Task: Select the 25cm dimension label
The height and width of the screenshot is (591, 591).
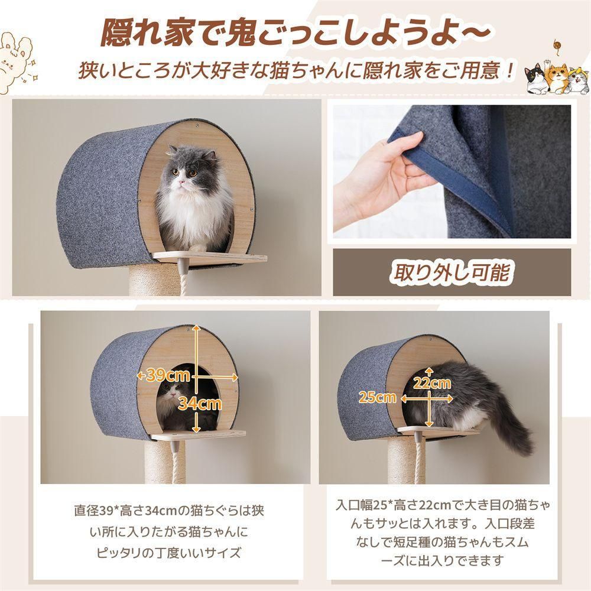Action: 378,397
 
